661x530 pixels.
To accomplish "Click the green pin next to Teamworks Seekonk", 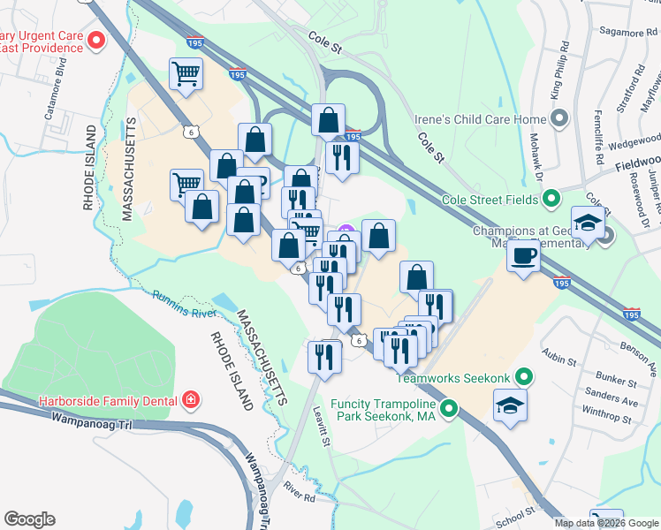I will tap(523, 378).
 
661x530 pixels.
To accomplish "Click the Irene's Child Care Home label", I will tap(481, 118).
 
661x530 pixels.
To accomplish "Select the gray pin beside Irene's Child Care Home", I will tap(558, 118).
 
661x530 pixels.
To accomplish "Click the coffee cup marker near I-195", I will tap(523, 256).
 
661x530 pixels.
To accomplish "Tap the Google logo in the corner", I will tap(29, 519).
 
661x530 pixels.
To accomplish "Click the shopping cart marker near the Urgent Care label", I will tap(186, 75).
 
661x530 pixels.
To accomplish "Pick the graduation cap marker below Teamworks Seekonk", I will tap(509, 407).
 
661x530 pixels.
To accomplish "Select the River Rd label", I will tap(300, 491).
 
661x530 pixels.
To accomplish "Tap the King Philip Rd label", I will tap(558, 80).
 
